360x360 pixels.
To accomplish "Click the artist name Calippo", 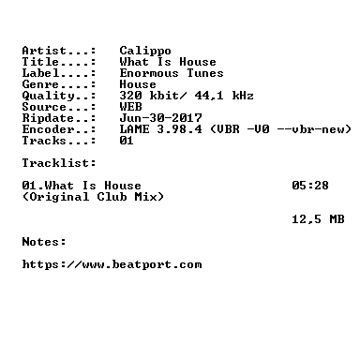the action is point(145,51).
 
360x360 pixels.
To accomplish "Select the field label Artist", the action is point(44,51).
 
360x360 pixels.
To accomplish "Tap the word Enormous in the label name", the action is point(149,73).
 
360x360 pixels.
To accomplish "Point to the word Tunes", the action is point(205,73).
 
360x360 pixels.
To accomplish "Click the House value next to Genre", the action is point(138,84).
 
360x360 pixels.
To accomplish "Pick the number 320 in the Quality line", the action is point(130,96).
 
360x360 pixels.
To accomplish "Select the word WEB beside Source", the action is point(130,107).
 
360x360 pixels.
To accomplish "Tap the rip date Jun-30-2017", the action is point(160,118).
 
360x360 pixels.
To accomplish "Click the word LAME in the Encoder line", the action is point(134,129).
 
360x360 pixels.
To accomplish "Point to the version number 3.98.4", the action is point(179,129).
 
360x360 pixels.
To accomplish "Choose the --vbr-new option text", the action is point(310,129).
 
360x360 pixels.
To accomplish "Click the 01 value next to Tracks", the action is point(127,141).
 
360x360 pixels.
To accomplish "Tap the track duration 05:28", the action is point(310,186).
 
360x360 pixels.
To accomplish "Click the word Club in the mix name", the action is point(112,197).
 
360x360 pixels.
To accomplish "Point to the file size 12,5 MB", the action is point(318,219).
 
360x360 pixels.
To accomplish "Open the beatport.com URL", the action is point(112,264).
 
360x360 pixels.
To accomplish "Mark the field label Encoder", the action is point(48,129).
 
